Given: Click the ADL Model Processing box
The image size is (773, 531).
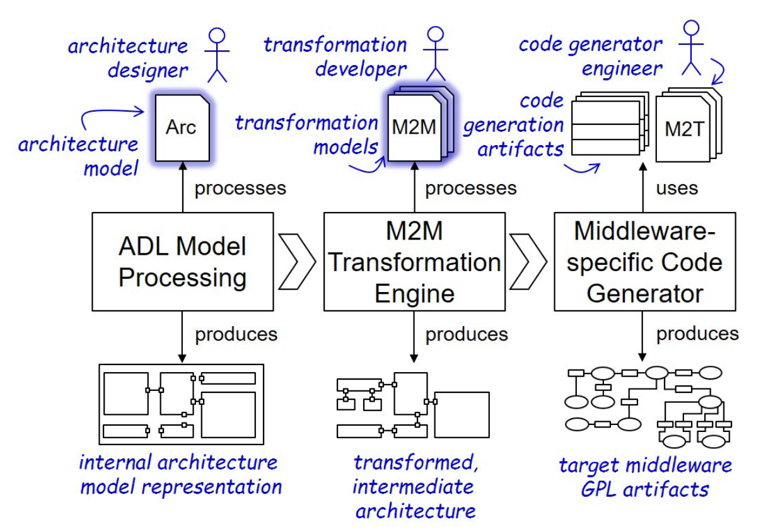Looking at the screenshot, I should click(x=183, y=261).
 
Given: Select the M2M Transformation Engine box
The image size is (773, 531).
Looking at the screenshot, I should click(x=414, y=261).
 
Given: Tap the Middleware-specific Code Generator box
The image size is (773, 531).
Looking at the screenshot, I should click(x=645, y=261).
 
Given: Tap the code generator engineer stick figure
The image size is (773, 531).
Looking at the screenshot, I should click(x=692, y=47).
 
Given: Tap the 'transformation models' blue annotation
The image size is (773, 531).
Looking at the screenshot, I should click(x=307, y=134).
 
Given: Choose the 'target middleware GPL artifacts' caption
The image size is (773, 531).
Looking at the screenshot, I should click(x=645, y=476).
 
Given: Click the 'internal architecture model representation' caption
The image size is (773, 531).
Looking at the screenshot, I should click(x=180, y=474).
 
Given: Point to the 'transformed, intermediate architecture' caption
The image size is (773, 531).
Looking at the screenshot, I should click(x=415, y=486).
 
